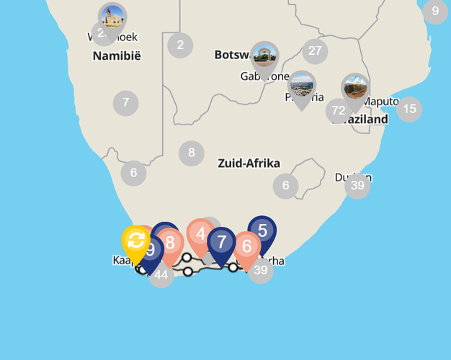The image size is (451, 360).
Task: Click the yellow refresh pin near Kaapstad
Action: (135, 241)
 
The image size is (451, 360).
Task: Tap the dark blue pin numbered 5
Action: (262, 231)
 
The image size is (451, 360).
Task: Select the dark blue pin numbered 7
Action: (221, 243)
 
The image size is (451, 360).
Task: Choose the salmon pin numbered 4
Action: (200, 234)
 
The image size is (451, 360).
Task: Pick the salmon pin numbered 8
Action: (170, 243)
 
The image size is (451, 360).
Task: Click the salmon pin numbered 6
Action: (246, 247)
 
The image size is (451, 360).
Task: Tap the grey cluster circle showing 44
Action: (161, 274)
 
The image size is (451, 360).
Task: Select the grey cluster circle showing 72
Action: (338, 111)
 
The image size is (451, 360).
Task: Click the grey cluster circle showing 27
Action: (315, 50)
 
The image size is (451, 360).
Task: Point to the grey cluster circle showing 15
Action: (409, 109)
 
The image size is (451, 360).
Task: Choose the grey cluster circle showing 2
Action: (180, 45)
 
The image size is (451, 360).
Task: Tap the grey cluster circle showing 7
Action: (125, 103)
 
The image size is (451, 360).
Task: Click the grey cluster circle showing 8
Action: (191, 153)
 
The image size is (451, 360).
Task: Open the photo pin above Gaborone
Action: (264, 55)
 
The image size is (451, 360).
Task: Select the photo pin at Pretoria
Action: (301, 86)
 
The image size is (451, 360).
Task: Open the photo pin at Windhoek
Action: (112, 17)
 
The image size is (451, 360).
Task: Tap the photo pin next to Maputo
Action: (354, 88)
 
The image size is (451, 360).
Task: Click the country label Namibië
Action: (117, 55)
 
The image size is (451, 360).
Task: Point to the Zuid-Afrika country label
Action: (249, 163)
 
